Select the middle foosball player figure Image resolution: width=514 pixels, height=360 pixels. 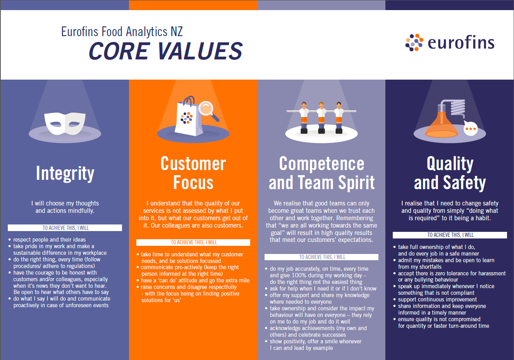[321, 117]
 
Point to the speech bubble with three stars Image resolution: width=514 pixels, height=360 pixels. [470, 129]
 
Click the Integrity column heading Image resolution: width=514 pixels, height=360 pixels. [65, 173]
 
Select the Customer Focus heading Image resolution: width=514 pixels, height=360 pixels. [193, 173]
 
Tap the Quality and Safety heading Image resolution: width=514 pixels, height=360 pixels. [450, 173]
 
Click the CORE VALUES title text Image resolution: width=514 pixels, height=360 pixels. [166, 51]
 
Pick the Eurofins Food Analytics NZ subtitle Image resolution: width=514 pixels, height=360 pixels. [122, 31]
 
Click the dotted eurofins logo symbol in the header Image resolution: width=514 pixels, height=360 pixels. [414, 42]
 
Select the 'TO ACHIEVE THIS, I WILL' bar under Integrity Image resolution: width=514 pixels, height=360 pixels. [65, 228]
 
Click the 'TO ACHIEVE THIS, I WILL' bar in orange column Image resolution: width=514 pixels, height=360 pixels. [193, 242]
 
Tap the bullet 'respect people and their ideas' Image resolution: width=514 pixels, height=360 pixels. [49, 240]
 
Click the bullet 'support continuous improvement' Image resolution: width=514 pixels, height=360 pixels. [437, 299]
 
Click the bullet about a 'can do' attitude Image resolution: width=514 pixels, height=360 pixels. [195, 280]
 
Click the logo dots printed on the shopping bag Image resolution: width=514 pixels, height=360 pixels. [186, 118]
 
